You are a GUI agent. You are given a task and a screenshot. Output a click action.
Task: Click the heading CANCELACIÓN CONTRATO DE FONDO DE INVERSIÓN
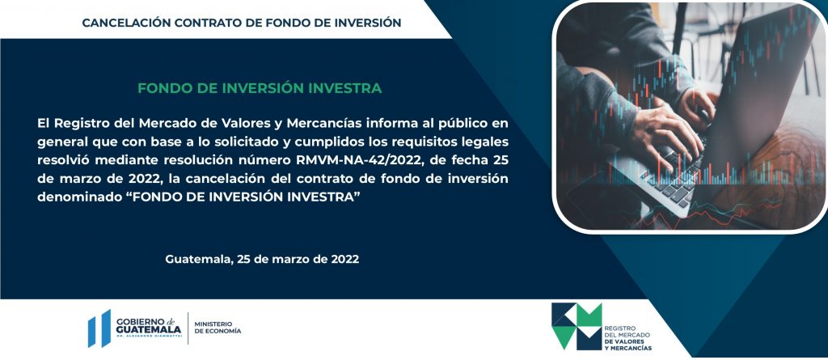(241, 23)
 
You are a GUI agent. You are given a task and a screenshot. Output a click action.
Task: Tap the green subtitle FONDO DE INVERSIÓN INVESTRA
(260, 88)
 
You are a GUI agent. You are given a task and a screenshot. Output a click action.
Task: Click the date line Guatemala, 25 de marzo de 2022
(262, 260)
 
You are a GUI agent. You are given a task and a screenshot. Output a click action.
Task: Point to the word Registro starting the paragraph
(79, 125)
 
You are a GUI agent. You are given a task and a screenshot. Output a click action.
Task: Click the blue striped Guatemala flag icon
(99, 328)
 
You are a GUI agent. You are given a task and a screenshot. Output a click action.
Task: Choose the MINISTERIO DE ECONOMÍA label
(218, 327)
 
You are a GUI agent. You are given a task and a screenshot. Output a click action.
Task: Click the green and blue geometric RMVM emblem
(576, 326)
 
